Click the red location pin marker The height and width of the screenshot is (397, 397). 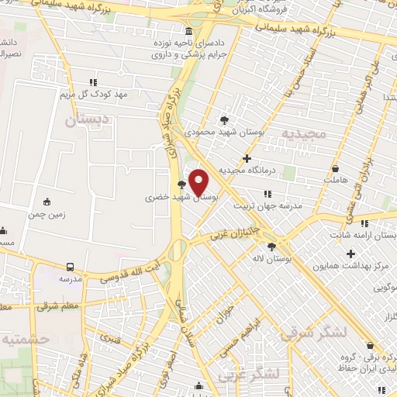[x=199, y=182]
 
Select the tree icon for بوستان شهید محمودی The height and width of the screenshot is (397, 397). [x=224, y=119]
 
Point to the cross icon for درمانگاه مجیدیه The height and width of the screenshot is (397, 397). [x=247, y=158]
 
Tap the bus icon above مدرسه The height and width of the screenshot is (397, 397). [x=71, y=267]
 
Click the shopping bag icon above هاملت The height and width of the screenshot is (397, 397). [x=335, y=168]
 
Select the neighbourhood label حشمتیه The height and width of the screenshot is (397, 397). [x=26, y=339]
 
